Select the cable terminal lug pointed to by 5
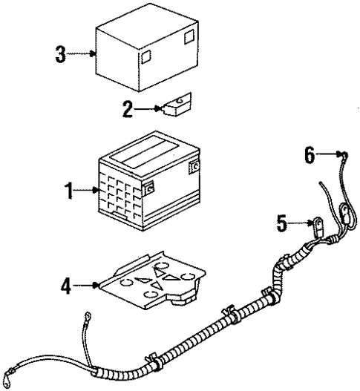314,224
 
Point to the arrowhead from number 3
95,53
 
